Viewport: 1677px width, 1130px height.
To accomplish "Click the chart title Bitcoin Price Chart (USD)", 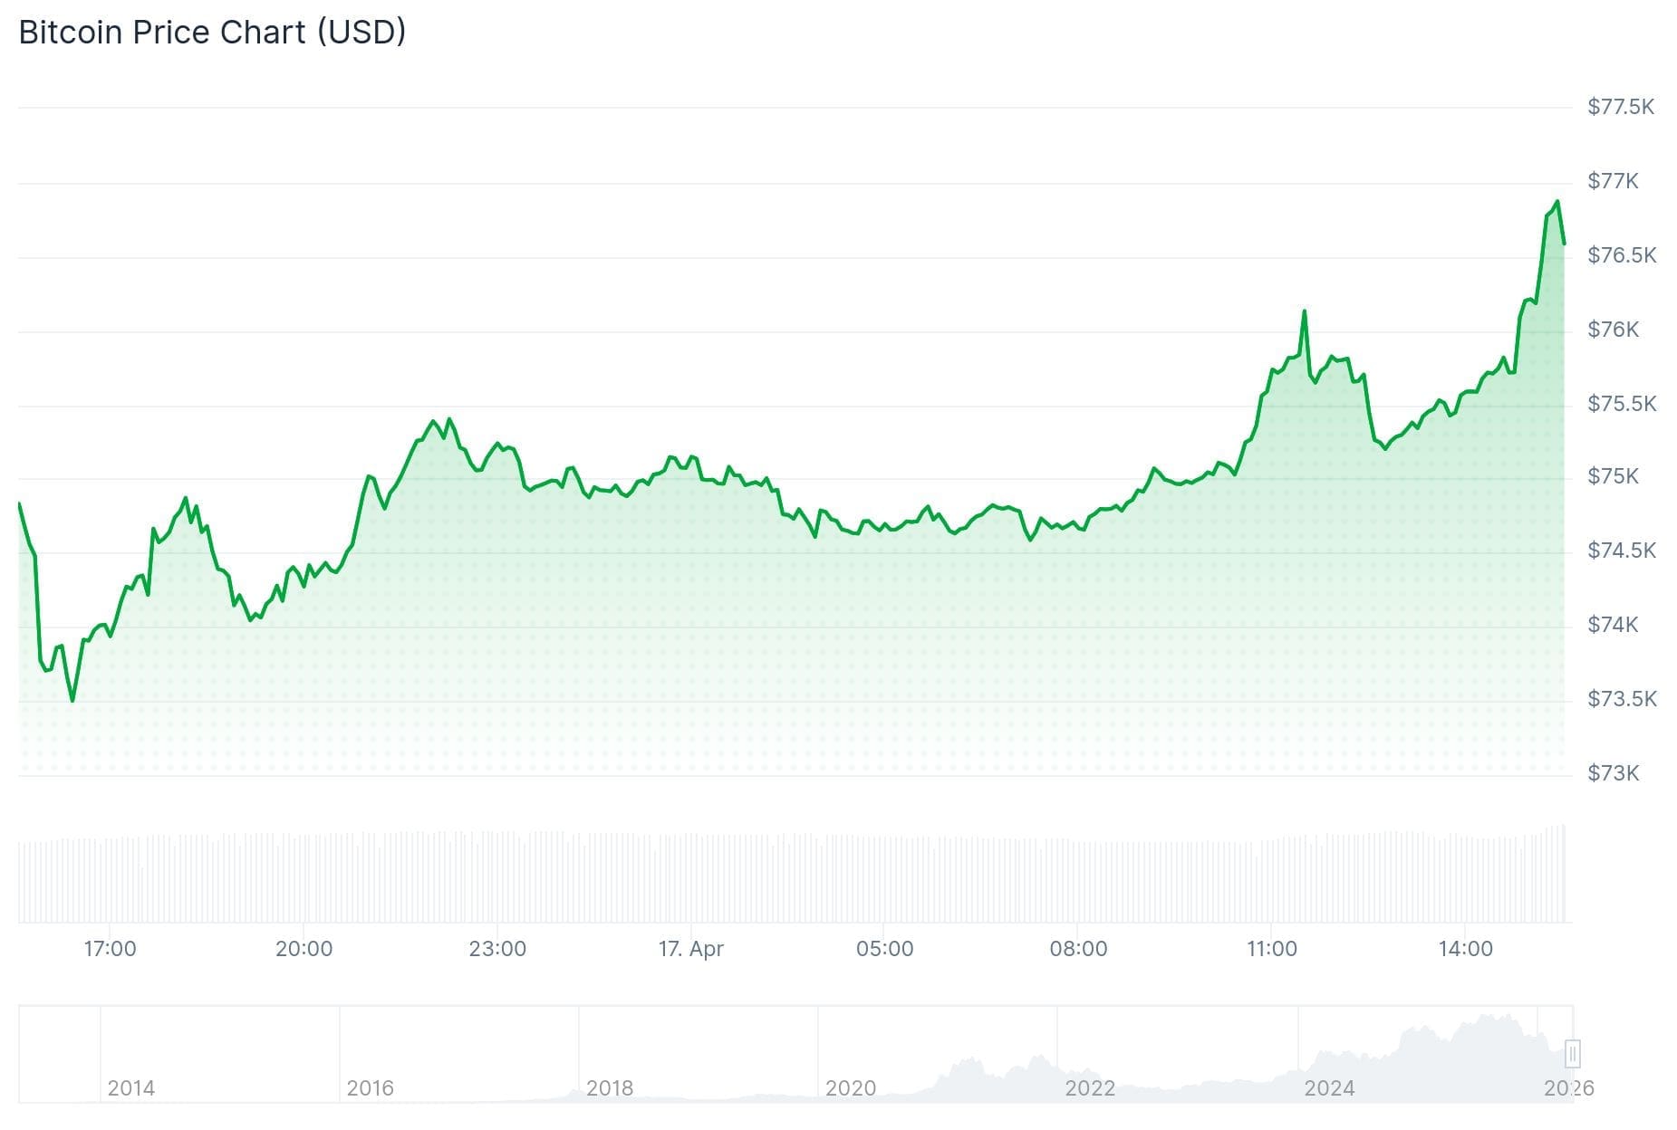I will click(212, 33).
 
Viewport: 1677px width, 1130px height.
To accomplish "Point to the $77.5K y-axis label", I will click(1620, 107).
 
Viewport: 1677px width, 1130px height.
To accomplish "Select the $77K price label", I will click(1613, 181).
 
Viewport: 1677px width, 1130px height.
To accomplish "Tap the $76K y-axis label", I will click(1613, 330).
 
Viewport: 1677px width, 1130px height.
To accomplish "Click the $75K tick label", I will click(1613, 476).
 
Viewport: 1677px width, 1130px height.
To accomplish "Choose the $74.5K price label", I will click(1621, 551).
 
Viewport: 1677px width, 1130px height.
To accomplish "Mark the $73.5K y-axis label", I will click(1621, 699).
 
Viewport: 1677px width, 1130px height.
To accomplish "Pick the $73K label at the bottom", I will click(1613, 773).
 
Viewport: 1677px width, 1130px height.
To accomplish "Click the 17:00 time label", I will click(110, 949).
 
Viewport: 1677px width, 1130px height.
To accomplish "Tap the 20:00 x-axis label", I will click(304, 949).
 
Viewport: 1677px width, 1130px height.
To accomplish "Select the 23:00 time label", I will click(497, 949).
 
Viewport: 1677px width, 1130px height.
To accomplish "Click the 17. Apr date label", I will click(690, 949).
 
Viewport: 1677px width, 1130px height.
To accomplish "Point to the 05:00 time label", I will click(884, 949).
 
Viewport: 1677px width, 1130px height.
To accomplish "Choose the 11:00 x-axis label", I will click(1271, 949).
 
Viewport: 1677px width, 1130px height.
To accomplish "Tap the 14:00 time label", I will click(1465, 949).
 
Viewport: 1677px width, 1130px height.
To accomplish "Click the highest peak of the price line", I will click(1557, 202).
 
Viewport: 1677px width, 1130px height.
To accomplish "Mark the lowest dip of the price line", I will click(72, 700).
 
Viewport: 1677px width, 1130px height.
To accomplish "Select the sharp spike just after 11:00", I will click(1304, 311).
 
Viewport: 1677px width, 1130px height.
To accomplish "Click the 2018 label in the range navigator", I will click(609, 1087).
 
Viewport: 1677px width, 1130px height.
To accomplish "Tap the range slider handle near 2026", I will click(1572, 1054).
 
